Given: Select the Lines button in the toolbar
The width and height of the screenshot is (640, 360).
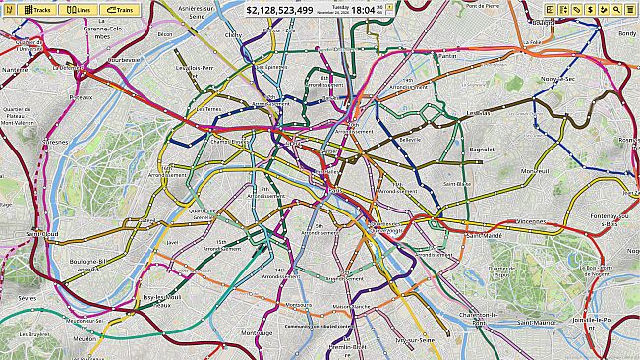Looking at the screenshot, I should pos(78,9).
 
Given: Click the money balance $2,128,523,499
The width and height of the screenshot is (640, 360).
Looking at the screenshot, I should pos(279,10).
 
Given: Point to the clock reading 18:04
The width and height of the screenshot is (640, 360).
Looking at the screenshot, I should pos(363,10).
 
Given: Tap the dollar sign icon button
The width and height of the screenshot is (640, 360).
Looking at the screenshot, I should pos(589,9).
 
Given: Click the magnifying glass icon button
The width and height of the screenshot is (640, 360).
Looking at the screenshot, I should pos(616,9).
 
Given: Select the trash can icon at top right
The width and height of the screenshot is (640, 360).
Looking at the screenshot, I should pos(629,9).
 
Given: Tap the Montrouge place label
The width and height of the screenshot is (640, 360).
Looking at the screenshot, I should pos(257,333).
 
